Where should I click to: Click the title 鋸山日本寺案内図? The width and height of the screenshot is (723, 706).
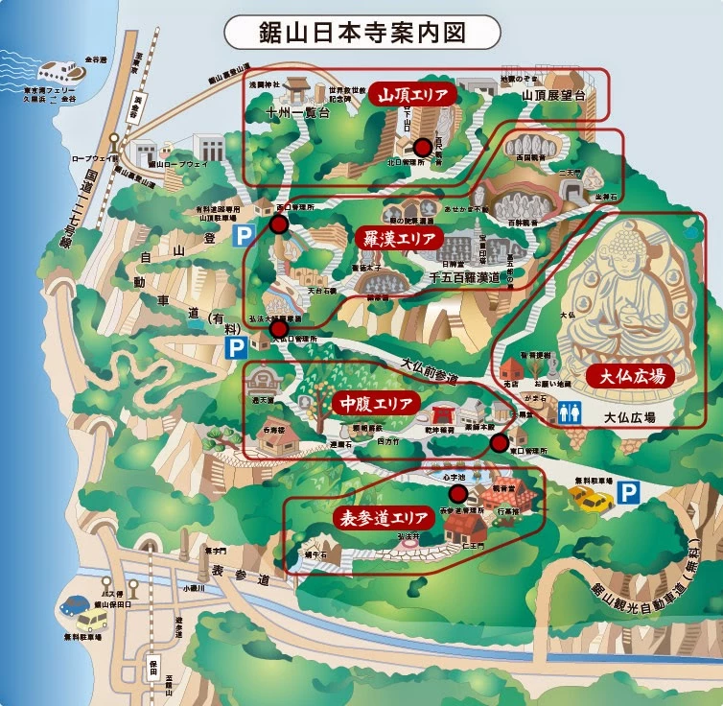pyautogui.click(x=361, y=32)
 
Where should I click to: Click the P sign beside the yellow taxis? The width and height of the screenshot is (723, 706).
pyautogui.click(x=628, y=493)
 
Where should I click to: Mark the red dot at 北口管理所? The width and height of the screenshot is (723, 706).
pyautogui.click(x=422, y=147)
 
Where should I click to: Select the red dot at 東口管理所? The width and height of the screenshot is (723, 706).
pyautogui.click(x=499, y=442)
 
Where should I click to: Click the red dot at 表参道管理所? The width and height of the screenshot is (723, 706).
pyautogui.click(x=457, y=494)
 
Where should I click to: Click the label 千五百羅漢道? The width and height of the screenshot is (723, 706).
pyautogui.click(x=465, y=278)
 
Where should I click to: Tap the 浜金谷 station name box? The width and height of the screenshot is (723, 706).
pyautogui.click(x=138, y=98)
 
